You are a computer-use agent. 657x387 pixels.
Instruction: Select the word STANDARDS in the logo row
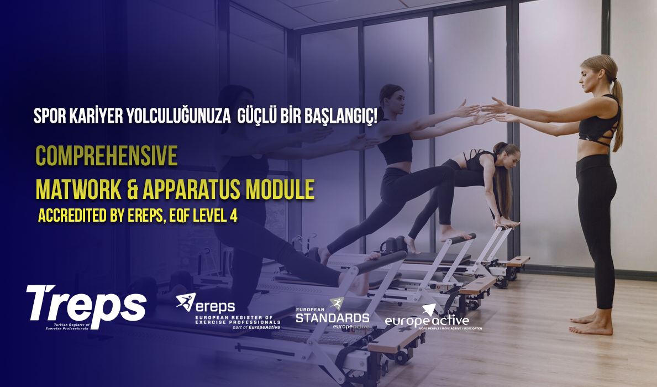332,317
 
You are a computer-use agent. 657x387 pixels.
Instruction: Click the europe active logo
427,320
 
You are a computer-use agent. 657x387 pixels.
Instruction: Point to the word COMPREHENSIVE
106,157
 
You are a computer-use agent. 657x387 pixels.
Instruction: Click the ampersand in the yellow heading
133,190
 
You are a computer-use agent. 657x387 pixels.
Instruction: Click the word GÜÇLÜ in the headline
257,116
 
